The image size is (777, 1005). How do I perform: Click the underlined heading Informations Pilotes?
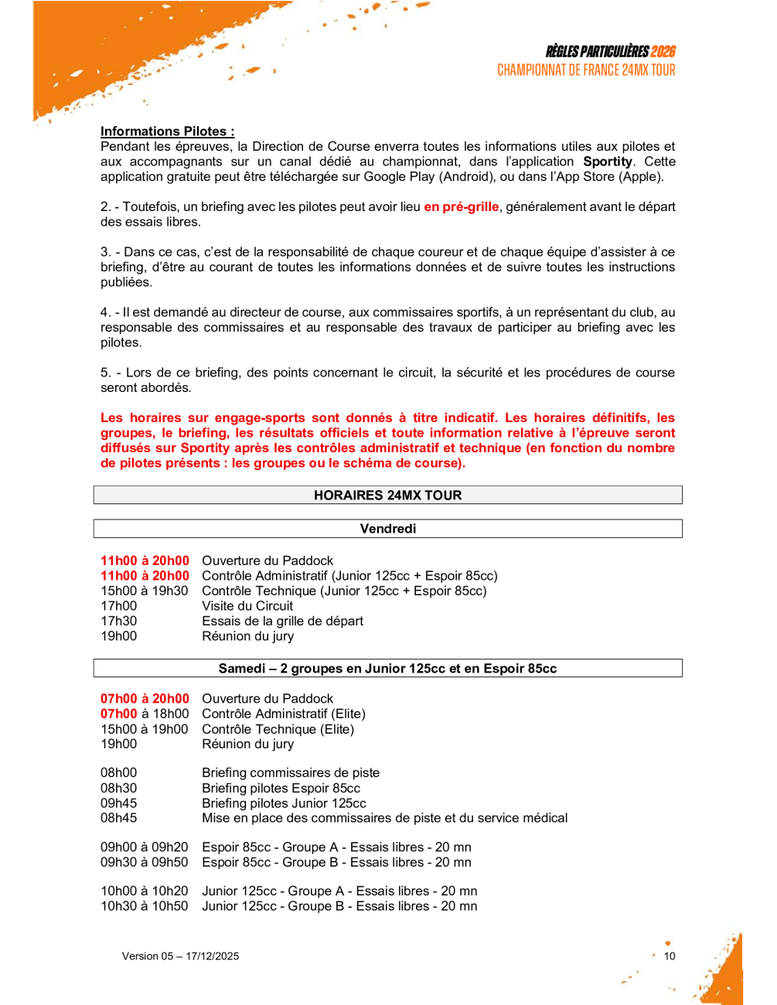click(167, 131)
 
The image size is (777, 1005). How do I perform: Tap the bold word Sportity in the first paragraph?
click(607, 162)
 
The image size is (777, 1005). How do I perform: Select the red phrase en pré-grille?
click(461, 206)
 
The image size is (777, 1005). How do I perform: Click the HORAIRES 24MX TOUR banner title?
click(387, 496)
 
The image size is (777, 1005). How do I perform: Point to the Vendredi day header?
click(387, 529)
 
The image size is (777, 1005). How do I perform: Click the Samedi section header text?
click(387, 669)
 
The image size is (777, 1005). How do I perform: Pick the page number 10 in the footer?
click(670, 956)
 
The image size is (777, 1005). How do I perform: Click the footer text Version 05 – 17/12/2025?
click(180, 956)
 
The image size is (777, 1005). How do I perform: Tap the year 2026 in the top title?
click(663, 52)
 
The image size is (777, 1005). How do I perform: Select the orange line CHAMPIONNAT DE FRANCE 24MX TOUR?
click(586, 70)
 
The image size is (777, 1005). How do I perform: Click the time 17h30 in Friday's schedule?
click(118, 621)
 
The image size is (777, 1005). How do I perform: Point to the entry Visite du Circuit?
click(247, 606)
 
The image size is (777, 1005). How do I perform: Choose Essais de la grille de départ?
click(282, 621)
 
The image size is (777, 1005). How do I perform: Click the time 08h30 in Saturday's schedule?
click(118, 788)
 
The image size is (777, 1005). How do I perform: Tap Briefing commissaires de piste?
click(291, 772)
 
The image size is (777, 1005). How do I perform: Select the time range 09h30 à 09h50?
click(144, 862)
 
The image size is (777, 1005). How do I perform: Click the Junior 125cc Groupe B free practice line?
click(339, 906)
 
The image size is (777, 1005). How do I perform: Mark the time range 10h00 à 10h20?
click(144, 891)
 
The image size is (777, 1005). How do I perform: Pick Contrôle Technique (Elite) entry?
click(278, 729)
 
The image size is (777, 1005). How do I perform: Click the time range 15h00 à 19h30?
click(144, 591)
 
